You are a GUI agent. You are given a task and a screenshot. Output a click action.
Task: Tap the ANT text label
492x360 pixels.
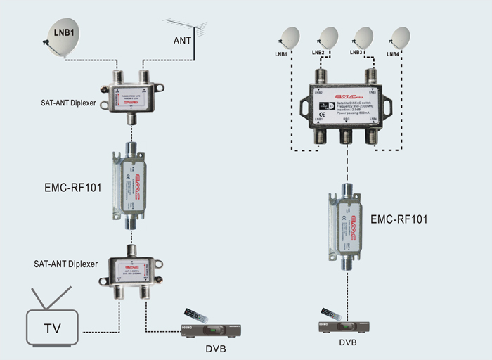click(x=183, y=41)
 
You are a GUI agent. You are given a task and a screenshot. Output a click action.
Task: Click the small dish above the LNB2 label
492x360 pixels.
click(x=328, y=37)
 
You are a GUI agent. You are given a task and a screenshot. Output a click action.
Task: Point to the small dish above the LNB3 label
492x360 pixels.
click(x=363, y=37)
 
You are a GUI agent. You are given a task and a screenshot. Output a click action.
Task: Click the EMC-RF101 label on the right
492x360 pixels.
click(x=399, y=219)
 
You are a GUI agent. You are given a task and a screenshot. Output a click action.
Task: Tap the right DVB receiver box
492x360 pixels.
click(x=344, y=327)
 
